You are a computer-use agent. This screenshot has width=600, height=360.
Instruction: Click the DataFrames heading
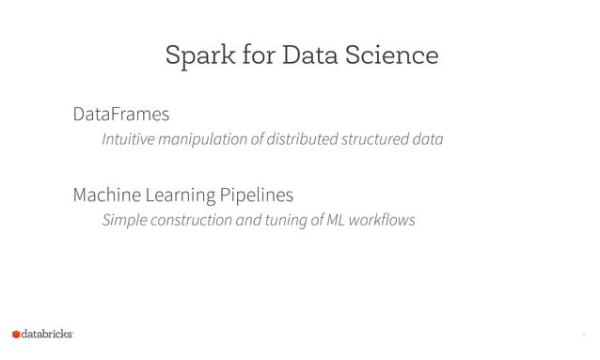tap(120, 115)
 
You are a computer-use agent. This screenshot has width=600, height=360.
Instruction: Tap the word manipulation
tap(206, 140)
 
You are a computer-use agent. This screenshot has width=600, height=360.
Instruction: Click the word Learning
tap(181, 196)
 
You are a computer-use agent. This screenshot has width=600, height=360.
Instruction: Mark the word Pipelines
tap(256, 196)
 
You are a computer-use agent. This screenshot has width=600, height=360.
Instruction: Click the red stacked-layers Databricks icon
tap(16, 335)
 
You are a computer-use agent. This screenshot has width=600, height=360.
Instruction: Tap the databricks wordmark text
tap(47, 334)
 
